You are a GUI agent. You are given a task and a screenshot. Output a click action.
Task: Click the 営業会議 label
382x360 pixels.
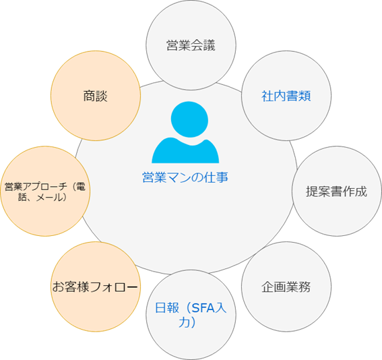[x=191, y=45]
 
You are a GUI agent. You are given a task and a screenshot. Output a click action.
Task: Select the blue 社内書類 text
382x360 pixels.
[x=286, y=96]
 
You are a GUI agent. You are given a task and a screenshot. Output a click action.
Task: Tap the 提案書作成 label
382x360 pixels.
[x=336, y=191]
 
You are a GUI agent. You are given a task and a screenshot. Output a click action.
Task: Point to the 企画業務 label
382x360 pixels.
[x=286, y=287]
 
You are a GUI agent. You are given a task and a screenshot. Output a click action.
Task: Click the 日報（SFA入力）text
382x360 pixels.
[x=191, y=315]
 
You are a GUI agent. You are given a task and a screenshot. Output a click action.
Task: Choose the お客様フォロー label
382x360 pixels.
[x=95, y=287]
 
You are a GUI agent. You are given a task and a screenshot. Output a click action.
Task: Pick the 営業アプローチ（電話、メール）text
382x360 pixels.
[x=45, y=192]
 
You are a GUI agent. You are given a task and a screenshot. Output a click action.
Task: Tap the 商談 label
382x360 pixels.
[x=95, y=96]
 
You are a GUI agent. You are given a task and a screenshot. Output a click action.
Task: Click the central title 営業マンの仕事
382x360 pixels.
[x=185, y=177]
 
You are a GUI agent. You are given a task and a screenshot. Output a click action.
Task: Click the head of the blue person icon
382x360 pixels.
[x=189, y=119]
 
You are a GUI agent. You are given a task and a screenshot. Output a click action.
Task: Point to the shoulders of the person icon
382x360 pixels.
[x=185, y=151]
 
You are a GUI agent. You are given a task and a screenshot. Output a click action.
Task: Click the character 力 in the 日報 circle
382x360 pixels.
[x=184, y=322]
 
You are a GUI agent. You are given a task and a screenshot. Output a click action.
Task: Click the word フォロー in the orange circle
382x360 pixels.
[x=114, y=287]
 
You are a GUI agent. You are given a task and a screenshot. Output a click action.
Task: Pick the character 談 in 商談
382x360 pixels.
[x=102, y=96]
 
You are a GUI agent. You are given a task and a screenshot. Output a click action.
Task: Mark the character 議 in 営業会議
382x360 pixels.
[x=210, y=45]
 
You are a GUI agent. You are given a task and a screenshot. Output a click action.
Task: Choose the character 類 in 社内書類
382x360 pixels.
[x=305, y=96]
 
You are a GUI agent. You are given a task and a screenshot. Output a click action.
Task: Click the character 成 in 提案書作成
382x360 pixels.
[x=361, y=191]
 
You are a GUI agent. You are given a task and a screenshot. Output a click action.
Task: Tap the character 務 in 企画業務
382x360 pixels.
[x=305, y=287]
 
